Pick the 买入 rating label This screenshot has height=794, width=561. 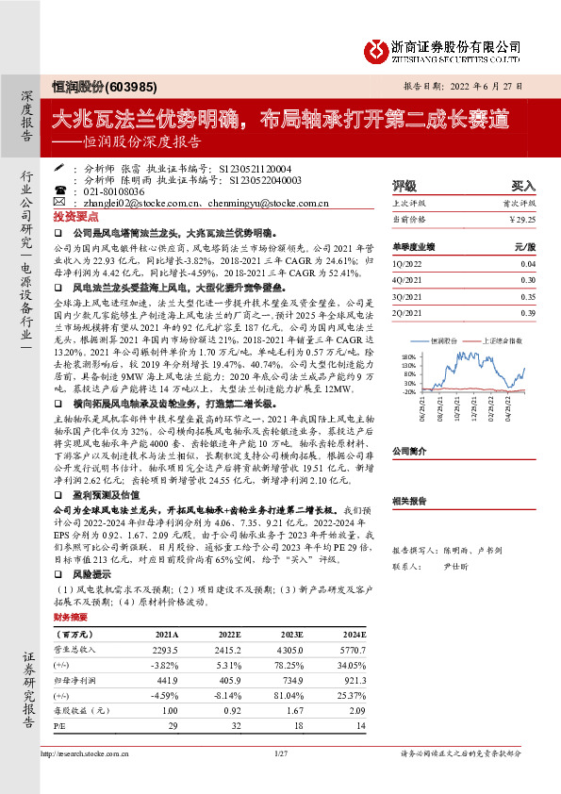[x=523, y=187]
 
